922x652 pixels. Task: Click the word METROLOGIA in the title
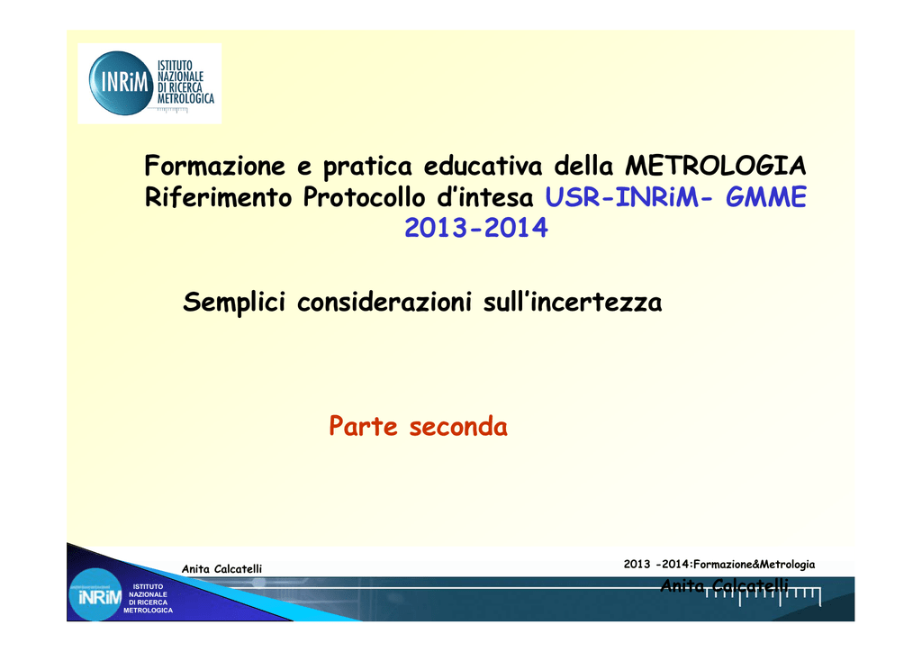[715, 165]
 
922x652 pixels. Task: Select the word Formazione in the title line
[214, 165]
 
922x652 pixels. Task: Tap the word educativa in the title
[483, 165]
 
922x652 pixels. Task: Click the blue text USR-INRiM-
[628, 197]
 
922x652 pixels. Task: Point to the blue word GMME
[765, 197]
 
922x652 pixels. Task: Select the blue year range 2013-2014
[476, 228]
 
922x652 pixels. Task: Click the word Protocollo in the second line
[364, 197]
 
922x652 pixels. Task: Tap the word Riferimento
[218, 197]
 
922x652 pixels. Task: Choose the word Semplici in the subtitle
[234, 303]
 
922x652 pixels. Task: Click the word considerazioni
[384, 303]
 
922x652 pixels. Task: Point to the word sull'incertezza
[573, 303]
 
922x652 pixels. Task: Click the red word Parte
[364, 426]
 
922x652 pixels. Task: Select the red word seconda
[458, 426]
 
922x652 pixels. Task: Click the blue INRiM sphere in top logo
[122, 83]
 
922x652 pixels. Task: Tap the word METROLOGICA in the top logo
[185, 98]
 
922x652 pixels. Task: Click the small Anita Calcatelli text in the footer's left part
[221, 568]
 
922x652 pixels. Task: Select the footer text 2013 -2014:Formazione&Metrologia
[719, 565]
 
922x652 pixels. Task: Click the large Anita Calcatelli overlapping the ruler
[724, 585]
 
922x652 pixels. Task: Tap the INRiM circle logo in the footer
[95, 595]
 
